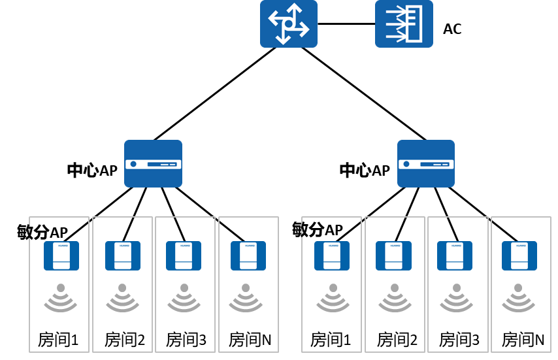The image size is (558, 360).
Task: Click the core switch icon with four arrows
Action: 289,24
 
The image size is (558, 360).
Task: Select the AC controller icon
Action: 404,24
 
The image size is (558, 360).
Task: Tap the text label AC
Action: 452,29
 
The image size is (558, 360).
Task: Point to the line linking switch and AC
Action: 346,24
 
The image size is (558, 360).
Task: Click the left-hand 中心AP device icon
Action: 153,163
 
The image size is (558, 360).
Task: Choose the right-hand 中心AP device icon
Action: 426,163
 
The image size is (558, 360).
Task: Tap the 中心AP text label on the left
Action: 92,171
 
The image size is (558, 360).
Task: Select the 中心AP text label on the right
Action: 365,171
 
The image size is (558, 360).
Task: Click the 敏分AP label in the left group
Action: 42,232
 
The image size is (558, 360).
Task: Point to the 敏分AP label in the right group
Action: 318,229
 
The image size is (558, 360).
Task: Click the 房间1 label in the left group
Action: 58,340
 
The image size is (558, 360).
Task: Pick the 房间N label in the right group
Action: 523,340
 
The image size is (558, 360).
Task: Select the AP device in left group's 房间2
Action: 123,255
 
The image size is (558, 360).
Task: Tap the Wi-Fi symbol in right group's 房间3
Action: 457,298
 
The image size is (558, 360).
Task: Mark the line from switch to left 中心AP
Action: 214,94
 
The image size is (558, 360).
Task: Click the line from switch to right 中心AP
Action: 364,94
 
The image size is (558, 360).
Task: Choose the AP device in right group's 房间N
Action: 519,255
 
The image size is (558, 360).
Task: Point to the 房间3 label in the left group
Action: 186,340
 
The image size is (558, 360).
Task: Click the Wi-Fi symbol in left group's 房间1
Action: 61,298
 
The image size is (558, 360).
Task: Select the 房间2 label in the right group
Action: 397,340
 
